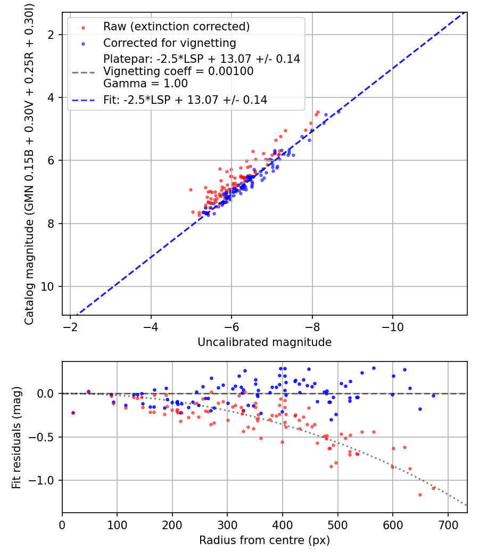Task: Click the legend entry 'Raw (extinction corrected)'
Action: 176,27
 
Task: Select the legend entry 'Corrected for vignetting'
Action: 169,43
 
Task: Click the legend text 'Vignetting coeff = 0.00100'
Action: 178,71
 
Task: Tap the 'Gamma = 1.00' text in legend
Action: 145,84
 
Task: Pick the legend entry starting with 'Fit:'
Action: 185,100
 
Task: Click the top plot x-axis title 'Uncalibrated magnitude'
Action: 265,342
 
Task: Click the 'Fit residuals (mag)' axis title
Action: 16,437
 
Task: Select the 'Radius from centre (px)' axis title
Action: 265,540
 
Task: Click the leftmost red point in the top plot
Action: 191,190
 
